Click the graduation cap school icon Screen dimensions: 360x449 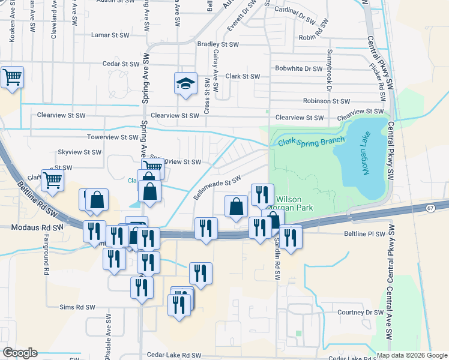click(x=186, y=84)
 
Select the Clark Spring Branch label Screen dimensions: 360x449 click(x=312, y=142)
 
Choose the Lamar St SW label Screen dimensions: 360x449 click(x=110, y=35)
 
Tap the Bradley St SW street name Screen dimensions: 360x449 click(x=218, y=44)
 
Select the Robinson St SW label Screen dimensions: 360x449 click(x=325, y=101)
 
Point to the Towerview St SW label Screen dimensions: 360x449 click(x=113, y=137)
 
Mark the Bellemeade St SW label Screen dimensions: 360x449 click(x=217, y=187)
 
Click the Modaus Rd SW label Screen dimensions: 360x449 click(x=37, y=228)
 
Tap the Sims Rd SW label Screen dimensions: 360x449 click(x=77, y=307)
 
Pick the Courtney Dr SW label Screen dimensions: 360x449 click(x=360, y=313)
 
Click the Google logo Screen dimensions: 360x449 click(x=19, y=353)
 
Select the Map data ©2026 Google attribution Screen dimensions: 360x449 click(x=412, y=355)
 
